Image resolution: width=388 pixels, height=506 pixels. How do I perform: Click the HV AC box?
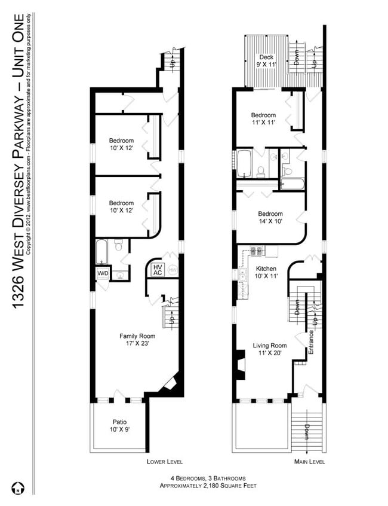tap(158, 270)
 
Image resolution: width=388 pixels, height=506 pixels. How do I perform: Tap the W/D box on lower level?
tap(103, 274)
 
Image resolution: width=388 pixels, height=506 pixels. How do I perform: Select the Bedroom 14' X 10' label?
tap(270, 217)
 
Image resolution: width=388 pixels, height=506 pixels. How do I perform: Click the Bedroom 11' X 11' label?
tap(263, 119)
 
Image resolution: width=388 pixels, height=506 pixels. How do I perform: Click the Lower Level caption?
tap(164, 462)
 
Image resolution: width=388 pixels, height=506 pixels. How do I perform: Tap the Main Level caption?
tap(309, 462)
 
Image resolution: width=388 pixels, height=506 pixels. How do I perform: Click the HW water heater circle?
tap(173, 270)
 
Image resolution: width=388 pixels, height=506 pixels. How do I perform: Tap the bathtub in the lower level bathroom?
tap(102, 252)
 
